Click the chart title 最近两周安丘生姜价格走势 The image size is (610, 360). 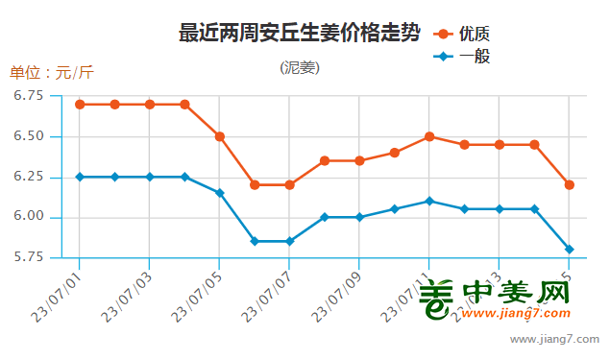pos(299,34)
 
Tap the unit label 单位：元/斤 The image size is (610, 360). pos(52,72)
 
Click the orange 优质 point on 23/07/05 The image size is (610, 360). pos(220,136)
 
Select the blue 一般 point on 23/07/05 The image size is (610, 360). pos(220,193)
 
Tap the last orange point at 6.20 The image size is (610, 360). pos(570,184)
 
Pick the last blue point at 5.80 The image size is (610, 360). pos(570,250)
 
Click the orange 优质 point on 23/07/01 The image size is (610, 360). pos(80,104)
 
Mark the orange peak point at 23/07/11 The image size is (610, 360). pos(429,136)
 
